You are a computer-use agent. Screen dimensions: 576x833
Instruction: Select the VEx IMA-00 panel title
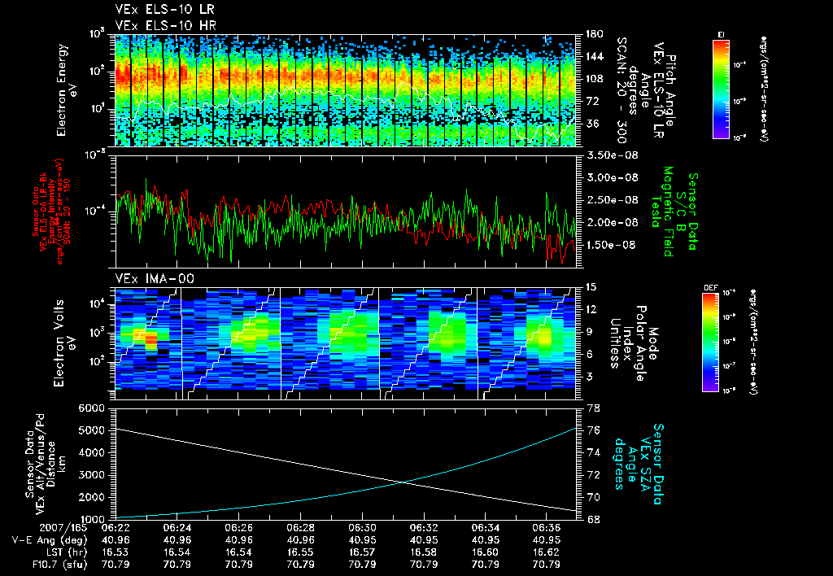146,278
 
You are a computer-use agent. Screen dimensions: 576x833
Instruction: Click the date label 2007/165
31,527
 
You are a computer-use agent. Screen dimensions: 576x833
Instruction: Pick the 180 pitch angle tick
592,34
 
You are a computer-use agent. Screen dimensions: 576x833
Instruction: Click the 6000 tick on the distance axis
93,408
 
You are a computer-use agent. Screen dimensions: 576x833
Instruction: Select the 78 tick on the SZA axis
592,408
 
